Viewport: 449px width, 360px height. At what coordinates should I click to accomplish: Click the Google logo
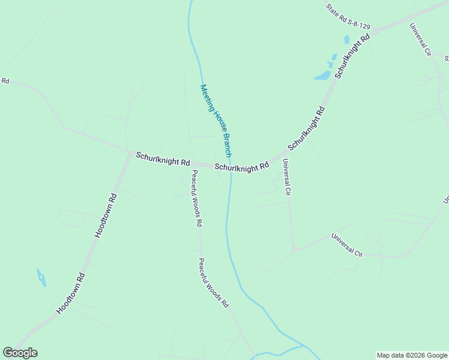[20, 353]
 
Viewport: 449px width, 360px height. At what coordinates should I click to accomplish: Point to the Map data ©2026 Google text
[411, 355]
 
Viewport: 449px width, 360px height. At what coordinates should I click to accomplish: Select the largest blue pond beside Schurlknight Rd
[322, 76]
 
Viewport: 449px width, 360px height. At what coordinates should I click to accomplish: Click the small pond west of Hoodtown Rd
[41, 277]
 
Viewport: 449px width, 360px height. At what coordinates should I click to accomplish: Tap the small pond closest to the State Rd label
[347, 40]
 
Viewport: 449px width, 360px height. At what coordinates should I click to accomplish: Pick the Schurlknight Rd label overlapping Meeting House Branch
[242, 167]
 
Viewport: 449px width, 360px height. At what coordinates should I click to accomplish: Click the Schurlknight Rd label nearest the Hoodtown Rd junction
[163, 159]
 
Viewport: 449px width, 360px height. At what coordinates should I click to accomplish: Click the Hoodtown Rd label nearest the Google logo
[71, 293]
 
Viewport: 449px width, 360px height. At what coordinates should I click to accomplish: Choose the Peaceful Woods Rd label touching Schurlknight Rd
[196, 197]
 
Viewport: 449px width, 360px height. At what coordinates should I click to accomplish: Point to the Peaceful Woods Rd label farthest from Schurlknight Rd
[214, 283]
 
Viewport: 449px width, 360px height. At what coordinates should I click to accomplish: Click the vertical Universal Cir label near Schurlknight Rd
[286, 178]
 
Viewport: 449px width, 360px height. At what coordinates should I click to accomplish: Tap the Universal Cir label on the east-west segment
[348, 245]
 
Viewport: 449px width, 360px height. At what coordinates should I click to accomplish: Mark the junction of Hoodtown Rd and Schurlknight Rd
[131, 152]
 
